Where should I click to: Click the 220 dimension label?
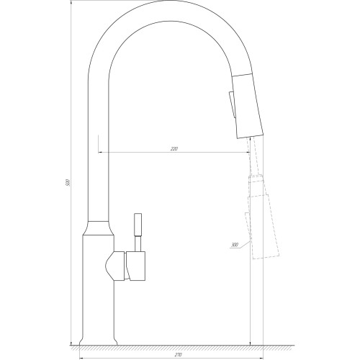click(x=174, y=149)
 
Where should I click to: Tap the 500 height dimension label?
click(x=68, y=183)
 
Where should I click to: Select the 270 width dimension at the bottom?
click(x=178, y=354)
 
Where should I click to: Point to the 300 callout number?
click(x=234, y=245)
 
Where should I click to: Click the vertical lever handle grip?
click(x=138, y=225)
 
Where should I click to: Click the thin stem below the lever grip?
click(x=138, y=244)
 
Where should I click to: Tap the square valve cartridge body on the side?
click(x=135, y=266)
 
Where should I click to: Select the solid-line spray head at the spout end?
click(x=248, y=106)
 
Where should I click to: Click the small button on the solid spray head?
click(x=232, y=104)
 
